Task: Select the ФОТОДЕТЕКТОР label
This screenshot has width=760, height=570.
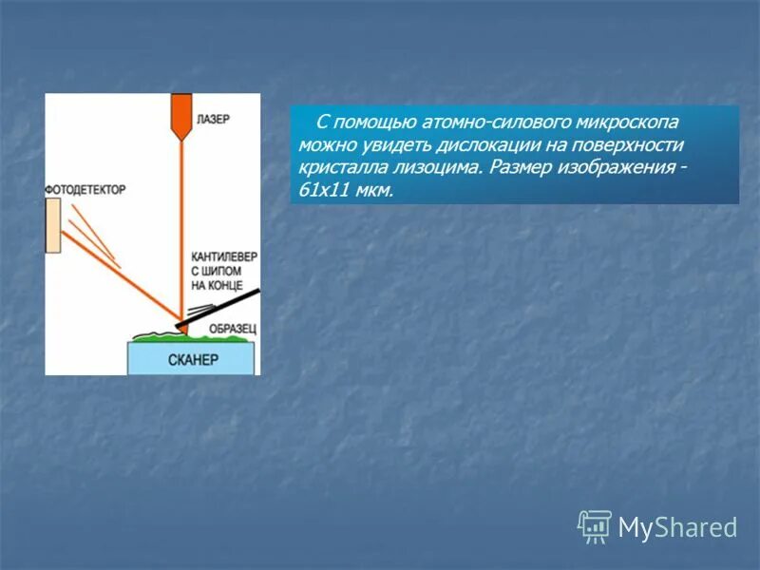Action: [x=85, y=190]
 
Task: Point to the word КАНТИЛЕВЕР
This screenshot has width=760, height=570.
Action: [x=224, y=256]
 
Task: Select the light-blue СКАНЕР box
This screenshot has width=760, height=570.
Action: [x=193, y=359]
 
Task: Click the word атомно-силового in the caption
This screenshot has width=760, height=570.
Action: [x=488, y=123]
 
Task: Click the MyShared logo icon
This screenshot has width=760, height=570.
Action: [x=595, y=526]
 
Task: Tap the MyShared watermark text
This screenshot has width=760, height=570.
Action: [x=677, y=527]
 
